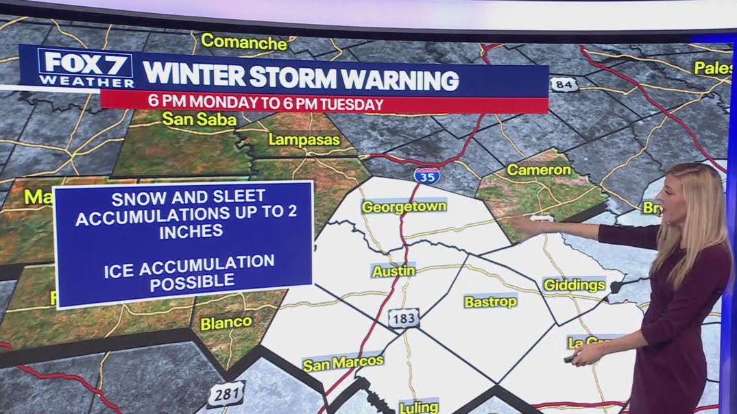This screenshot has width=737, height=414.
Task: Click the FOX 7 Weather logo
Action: [x=88, y=68]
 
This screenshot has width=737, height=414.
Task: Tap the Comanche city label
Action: [x=243, y=42]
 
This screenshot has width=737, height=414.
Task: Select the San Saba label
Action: [x=199, y=119]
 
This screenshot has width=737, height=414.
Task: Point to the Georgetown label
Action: [x=404, y=206]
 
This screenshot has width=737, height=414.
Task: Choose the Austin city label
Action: [x=394, y=271]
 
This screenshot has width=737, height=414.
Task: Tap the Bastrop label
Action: [x=490, y=302]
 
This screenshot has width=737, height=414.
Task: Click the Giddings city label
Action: [x=574, y=284]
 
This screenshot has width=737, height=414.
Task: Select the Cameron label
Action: [x=539, y=169]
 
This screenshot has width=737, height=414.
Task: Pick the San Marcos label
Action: [x=343, y=364]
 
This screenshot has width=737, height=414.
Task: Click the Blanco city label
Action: [x=226, y=321]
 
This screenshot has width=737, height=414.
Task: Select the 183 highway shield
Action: [x=402, y=317]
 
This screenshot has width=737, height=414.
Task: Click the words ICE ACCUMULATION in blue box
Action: [x=189, y=263]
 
